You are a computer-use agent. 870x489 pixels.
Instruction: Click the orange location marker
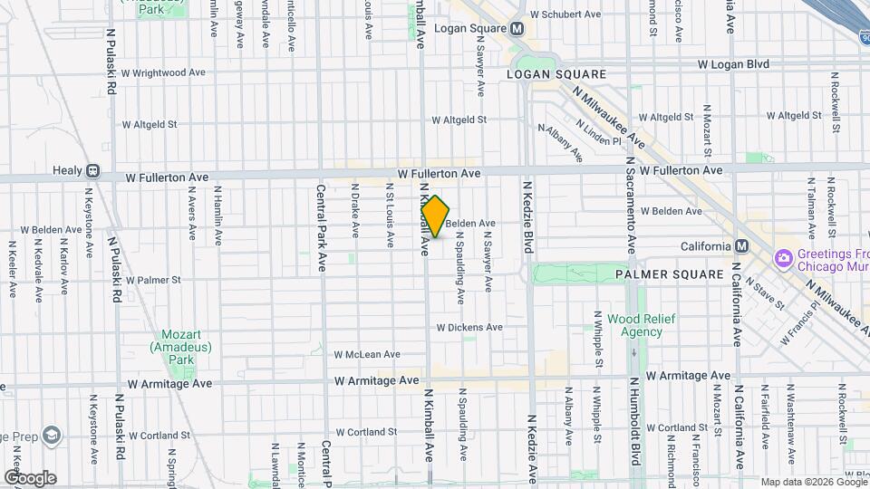(436, 216)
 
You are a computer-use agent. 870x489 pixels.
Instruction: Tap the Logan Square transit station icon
(517, 28)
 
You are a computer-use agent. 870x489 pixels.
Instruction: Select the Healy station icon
(92, 170)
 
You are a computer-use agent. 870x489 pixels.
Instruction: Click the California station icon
(741, 246)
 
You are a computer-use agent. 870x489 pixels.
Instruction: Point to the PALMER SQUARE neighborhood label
(670, 273)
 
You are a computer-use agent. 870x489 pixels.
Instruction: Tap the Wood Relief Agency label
(634, 325)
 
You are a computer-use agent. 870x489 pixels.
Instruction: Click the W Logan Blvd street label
(733, 64)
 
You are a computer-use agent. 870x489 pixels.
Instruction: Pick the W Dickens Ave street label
(469, 327)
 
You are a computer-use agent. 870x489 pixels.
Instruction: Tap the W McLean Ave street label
(367, 354)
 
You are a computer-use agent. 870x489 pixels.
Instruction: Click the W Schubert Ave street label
(566, 14)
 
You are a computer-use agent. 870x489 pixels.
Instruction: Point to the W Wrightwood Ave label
(164, 72)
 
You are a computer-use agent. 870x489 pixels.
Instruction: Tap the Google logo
(30, 477)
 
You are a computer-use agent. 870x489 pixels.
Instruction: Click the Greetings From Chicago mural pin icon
(782, 258)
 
